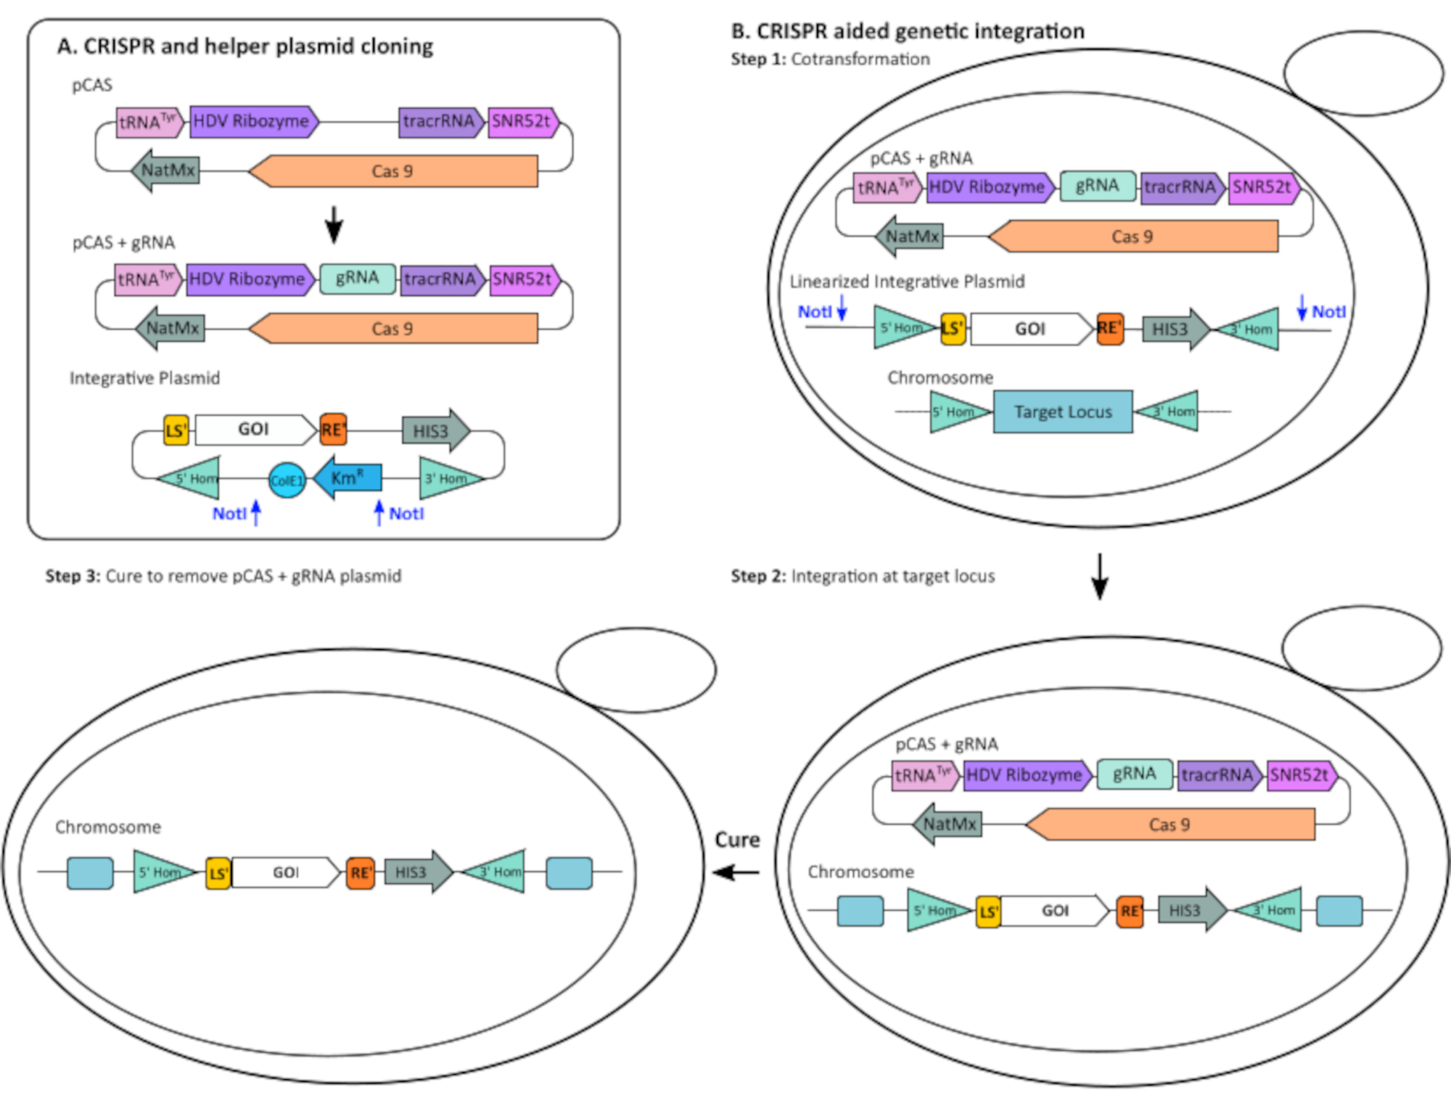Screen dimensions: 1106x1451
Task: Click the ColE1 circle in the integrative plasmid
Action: pos(287,480)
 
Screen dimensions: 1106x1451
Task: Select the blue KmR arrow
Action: pos(348,478)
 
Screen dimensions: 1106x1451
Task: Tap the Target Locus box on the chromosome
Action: pos(1062,411)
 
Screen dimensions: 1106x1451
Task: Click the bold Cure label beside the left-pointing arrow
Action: pos(737,840)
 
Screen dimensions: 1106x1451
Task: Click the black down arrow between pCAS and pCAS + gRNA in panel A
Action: pos(334,224)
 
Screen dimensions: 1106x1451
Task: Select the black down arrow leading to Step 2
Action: pos(1100,576)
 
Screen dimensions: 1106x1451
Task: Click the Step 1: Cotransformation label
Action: pos(830,60)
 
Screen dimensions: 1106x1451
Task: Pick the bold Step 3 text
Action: pos(73,576)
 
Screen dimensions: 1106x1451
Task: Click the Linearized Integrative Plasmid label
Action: pos(907,282)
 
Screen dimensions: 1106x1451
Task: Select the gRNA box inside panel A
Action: pos(357,279)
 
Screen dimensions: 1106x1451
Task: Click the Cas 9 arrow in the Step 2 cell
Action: pos(1170,825)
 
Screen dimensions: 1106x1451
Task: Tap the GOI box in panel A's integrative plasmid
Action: pos(254,430)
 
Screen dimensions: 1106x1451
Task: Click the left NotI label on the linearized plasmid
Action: pos(814,312)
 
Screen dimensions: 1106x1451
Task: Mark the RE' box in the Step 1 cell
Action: pos(1109,329)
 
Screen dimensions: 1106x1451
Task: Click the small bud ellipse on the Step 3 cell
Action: pos(636,670)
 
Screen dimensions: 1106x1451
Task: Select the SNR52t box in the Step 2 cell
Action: pos(1300,775)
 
